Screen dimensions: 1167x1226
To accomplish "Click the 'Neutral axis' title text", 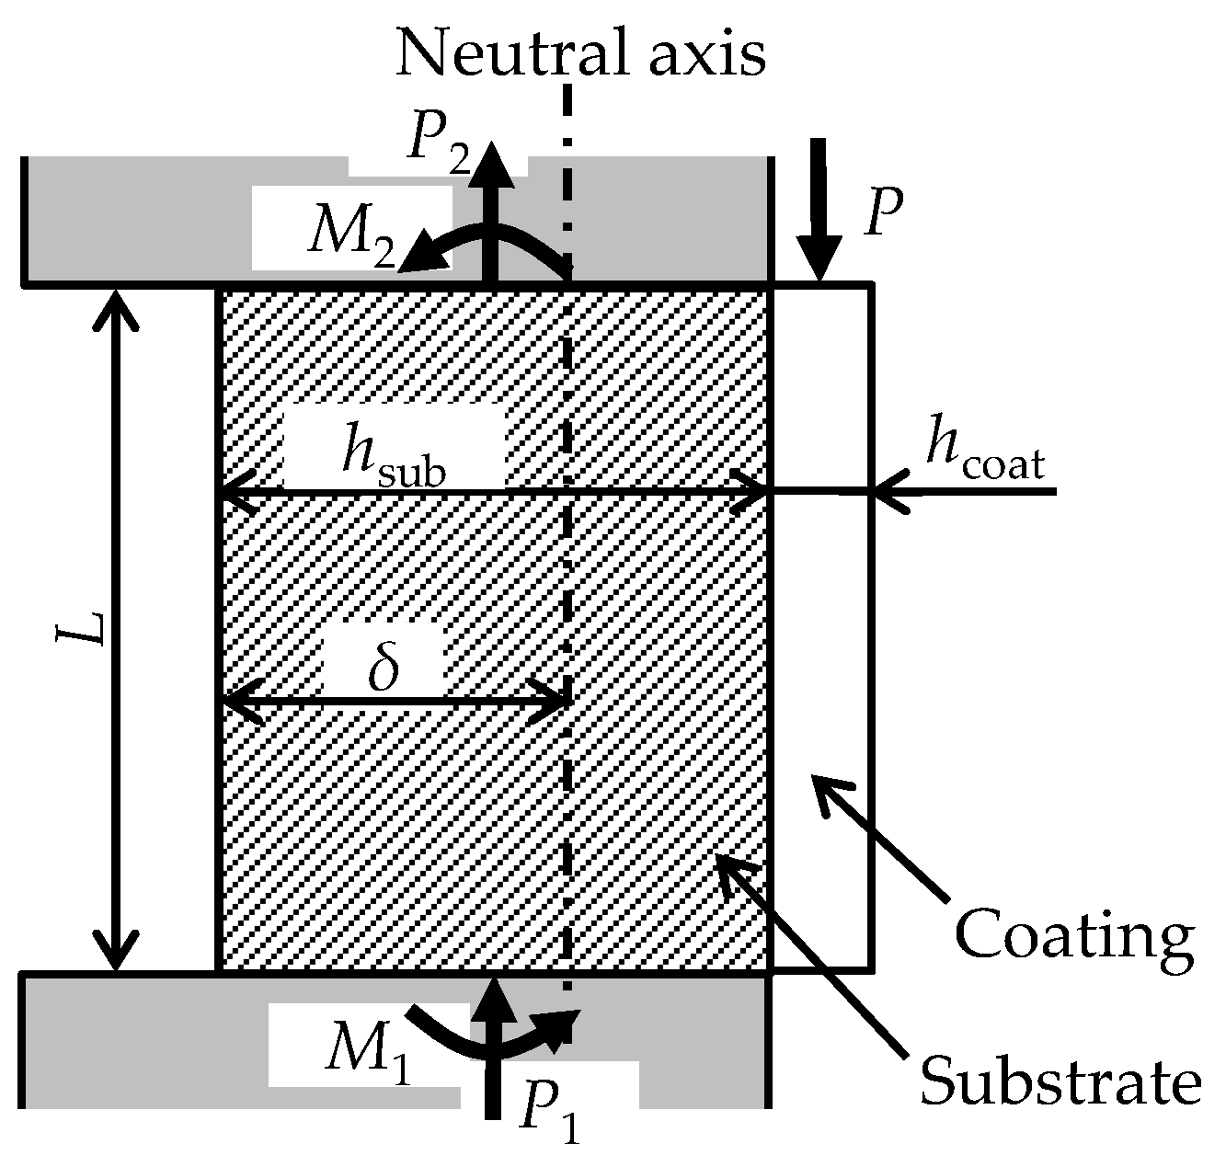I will point(580,53).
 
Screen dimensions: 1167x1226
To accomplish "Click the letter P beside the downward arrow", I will point(881,213).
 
